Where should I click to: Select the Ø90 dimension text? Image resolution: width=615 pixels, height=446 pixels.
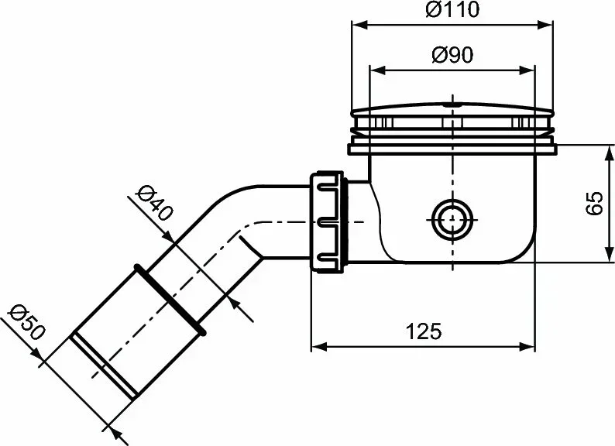[452, 55]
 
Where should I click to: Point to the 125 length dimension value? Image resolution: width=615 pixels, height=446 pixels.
[423, 331]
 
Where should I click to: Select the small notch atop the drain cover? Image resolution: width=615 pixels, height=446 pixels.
[452, 101]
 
